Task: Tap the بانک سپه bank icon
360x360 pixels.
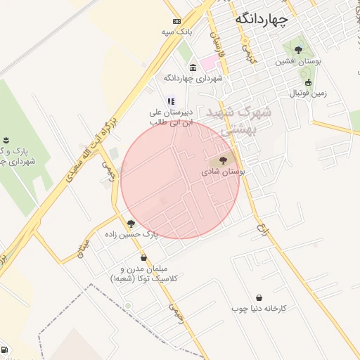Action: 176,21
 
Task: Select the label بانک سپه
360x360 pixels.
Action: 176,32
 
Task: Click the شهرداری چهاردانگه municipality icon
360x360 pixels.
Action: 193,67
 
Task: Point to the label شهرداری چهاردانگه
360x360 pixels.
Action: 193,78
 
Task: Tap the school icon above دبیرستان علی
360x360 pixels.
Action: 172,101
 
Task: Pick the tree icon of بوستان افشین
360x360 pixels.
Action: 299,51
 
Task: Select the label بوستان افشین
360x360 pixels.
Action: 298,62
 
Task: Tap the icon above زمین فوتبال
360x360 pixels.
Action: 308,82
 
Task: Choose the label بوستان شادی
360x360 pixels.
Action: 224,171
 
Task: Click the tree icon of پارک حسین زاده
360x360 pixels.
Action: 131,224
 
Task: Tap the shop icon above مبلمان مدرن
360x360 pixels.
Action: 143,258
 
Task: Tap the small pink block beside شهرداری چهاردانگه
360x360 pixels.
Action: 209,63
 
